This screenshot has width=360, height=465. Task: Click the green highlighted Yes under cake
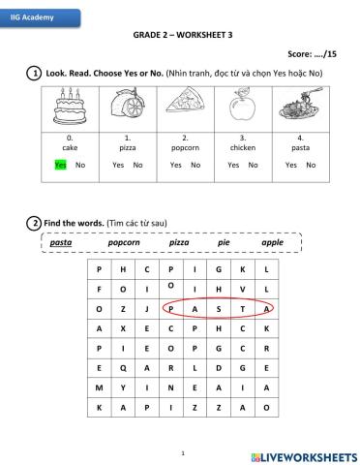(x=60, y=166)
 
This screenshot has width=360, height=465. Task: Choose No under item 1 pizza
(x=138, y=166)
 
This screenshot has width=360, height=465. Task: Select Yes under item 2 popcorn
(x=175, y=166)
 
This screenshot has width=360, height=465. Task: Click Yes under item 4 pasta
(x=290, y=166)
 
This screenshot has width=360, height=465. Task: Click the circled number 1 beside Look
(x=34, y=74)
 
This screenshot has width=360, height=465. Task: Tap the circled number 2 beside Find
(x=34, y=224)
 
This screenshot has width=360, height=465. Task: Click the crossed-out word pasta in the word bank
(x=61, y=242)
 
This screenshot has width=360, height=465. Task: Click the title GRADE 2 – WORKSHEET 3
(x=182, y=35)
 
